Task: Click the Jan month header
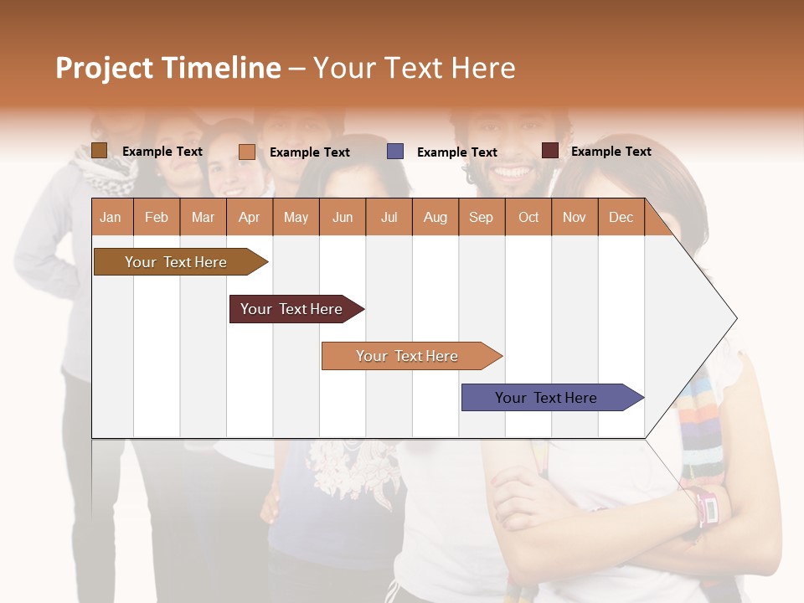(x=111, y=217)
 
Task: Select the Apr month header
(x=250, y=217)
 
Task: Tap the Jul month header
(x=389, y=217)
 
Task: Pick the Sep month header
(x=481, y=217)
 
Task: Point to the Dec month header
(x=621, y=217)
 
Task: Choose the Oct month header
(x=528, y=217)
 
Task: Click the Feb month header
(x=157, y=217)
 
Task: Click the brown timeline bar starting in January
(x=176, y=262)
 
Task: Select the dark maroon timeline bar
(x=291, y=309)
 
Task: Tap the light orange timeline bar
(x=407, y=356)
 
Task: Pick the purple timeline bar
(x=546, y=398)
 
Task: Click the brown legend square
(x=99, y=151)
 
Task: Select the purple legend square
(x=395, y=152)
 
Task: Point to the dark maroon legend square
(x=549, y=151)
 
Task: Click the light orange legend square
(x=246, y=152)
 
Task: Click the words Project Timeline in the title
(x=167, y=68)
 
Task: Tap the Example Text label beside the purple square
(x=456, y=152)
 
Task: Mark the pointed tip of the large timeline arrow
(x=735, y=318)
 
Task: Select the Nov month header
(x=574, y=217)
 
